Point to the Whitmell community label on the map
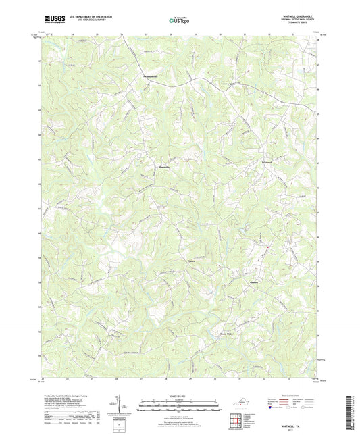268,162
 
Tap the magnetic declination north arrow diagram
120,407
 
